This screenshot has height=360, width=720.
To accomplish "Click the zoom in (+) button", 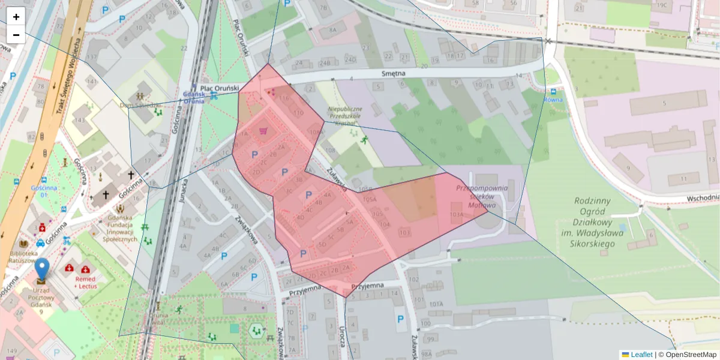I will click(x=16, y=17).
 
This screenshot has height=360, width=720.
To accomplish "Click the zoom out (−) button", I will click(x=16, y=35).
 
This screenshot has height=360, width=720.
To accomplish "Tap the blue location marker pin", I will click(x=42, y=269).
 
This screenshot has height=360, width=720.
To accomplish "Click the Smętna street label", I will click(x=394, y=73).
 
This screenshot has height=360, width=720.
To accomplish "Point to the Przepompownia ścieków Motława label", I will click(x=482, y=196).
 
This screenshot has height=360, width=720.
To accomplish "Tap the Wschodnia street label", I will click(x=702, y=197).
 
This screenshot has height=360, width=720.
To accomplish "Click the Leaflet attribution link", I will click(x=641, y=355).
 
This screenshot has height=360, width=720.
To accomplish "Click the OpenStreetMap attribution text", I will click(x=690, y=355).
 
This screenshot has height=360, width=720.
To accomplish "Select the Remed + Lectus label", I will click(x=86, y=283).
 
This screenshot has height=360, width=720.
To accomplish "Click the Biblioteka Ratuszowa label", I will click(x=23, y=257).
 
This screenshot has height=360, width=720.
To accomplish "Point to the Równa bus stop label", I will click(x=553, y=100).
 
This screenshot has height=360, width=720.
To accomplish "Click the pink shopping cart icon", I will click(x=263, y=130).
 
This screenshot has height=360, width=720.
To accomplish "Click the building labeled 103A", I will click(x=457, y=214).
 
